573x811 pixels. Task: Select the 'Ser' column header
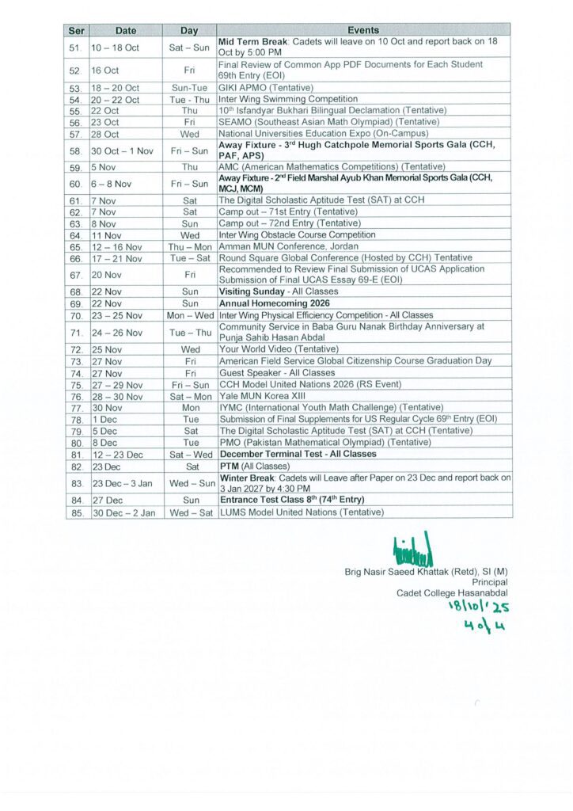pyautogui.click(x=76, y=31)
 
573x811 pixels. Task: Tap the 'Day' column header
pyautogui.click(x=188, y=31)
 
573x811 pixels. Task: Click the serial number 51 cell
pyautogui.click(x=76, y=48)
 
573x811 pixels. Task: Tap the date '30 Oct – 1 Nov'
pyautogui.click(x=122, y=150)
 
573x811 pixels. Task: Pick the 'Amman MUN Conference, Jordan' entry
pyautogui.click(x=278, y=246)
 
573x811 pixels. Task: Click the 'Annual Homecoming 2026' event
pyautogui.click(x=275, y=303)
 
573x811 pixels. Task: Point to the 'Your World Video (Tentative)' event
pyautogui.click(x=279, y=348)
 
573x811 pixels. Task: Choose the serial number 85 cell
pyautogui.click(x=76, y=512)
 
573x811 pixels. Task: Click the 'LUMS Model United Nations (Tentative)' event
pyautogui.click(x=302, y=512)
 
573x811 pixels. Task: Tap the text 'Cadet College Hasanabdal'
pyautogui.click(x=452, y=592)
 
